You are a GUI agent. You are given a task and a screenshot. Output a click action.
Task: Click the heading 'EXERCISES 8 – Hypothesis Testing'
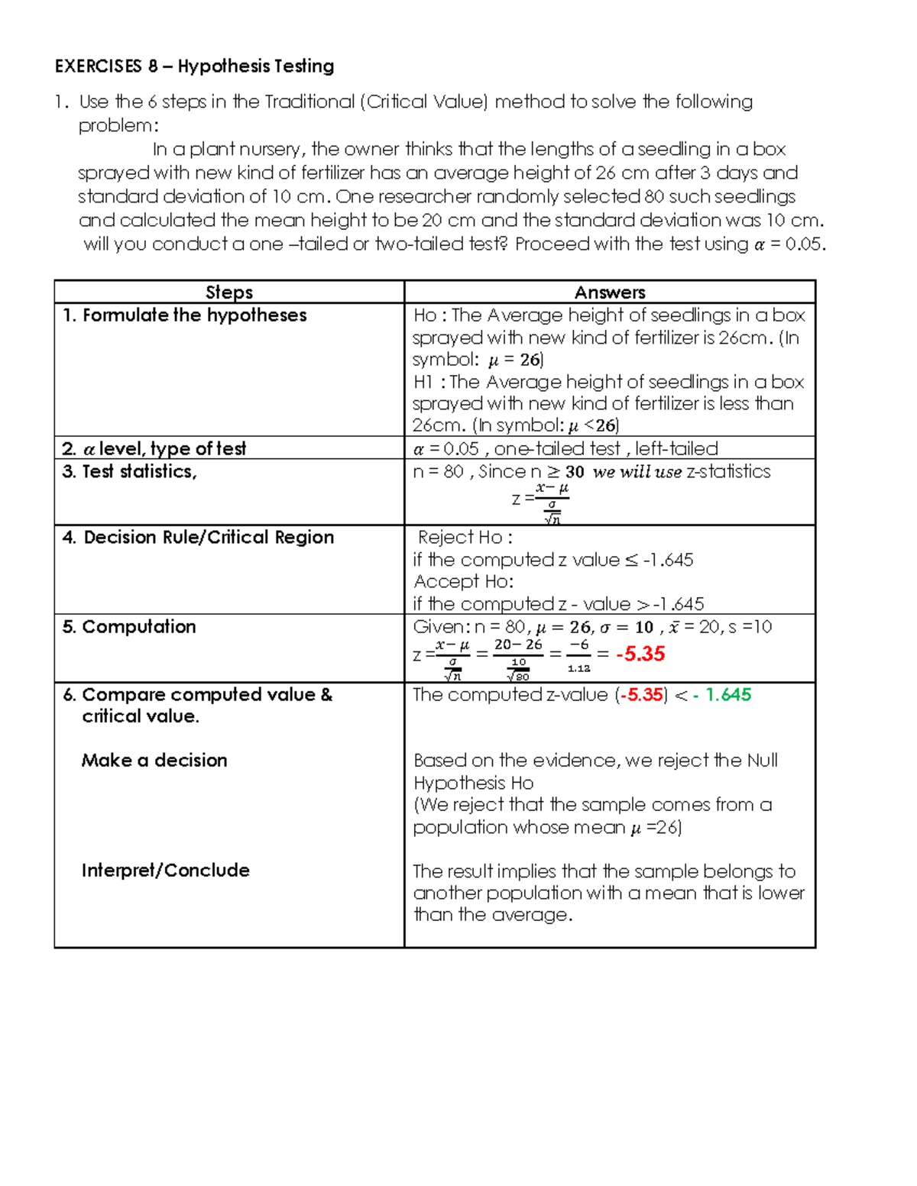pyautogui.click(x=194, y=66)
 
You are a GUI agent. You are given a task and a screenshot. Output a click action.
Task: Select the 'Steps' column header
pyautogui.click(x=229, y=292)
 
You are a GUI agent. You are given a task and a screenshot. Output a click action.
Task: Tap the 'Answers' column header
pyautogui.click(x=609, y=292)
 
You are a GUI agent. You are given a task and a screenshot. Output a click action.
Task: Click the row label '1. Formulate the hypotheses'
pyautogui.click(x=184, y=315)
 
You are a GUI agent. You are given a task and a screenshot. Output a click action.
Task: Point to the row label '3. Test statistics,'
pyautogui.click(x=129, y=472)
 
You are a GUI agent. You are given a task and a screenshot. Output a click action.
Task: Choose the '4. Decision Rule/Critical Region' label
pyautogui.click(x=198, y=538)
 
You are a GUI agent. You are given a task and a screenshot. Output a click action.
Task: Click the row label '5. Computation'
pyautogui.click(x=129, y=627)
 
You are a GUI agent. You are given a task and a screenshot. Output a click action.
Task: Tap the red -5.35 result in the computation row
pyautogui.click(x=640, y=654)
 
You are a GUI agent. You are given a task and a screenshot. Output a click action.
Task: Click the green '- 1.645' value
pyautogui.click(x=722, y=695)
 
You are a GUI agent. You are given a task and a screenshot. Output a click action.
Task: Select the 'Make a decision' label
pyautogui.click(x=154, y=761)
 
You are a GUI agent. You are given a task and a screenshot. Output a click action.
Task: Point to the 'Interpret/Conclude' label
pyautogui.click(x=166, y=871)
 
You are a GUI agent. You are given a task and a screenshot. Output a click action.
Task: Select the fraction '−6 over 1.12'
pyautogui.click(x=579, y=655)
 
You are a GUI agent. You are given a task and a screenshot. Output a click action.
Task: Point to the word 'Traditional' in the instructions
pyautogui.click(x=309, y=102)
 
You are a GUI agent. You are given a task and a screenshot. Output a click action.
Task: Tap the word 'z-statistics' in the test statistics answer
pyautogui.click(x=729, y=472)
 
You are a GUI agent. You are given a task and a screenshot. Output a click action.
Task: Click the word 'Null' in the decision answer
pyautogui.click(x=762, y=761)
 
